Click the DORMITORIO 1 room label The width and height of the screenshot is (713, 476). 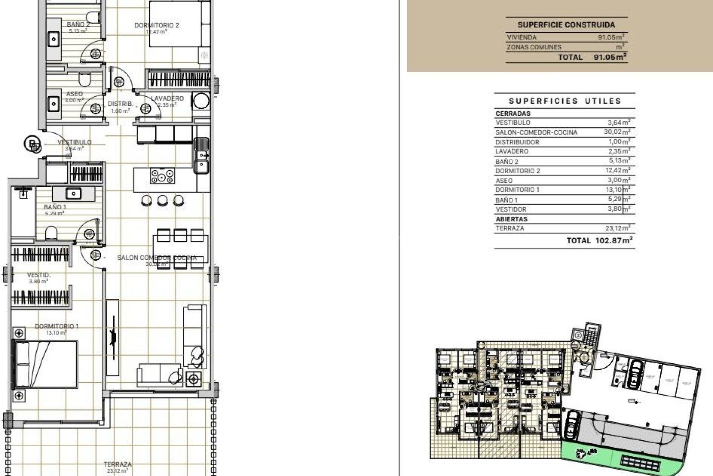coord(56,327)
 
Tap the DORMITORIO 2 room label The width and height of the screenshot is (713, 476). coord(156,25)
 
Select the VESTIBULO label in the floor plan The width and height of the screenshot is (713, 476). coord(74,142)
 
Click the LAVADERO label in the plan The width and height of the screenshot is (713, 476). coord(167,99)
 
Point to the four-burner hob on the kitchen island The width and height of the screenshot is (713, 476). coord(162,176)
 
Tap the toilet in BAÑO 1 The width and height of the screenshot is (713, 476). coord(51,234)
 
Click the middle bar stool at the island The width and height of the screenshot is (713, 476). coord(162,201)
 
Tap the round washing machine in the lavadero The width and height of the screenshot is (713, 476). coord(201,100)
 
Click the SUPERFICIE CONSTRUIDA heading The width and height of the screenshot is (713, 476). coord(566,25)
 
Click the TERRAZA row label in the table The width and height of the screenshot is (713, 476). coord(510,228)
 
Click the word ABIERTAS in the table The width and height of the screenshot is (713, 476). coord(511,219)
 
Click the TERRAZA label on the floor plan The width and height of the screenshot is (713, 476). coord(117,464)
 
